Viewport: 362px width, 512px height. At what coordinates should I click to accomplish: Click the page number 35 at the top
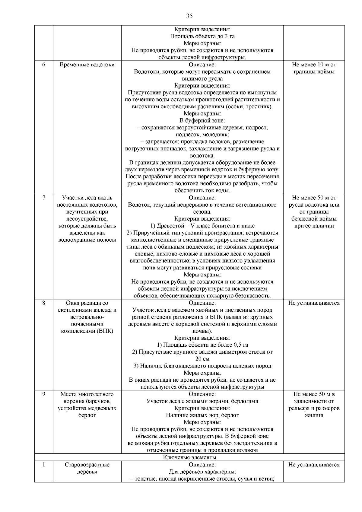click(x=189, y=16)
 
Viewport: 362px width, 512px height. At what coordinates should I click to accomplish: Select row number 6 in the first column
click(x=44, y=65)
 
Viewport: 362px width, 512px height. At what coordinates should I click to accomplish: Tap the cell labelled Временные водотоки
click(x=87, y=65)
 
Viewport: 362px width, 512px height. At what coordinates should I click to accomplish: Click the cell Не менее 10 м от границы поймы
click(x=314, y=68)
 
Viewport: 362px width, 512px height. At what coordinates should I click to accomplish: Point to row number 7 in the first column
click(x=44, y=198)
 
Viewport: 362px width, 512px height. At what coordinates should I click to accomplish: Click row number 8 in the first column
click(x=44, y=303)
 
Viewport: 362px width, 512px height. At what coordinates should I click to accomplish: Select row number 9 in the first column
click(x=44, y=394)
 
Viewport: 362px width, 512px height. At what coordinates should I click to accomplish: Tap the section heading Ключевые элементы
click(x=189, y=457)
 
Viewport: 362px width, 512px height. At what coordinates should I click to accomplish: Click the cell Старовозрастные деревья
click(x=87, y=468)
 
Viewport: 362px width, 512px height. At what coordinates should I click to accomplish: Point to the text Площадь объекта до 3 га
click(x=202, y=37)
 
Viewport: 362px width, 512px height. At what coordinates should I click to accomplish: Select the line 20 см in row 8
click(x=202, y=359)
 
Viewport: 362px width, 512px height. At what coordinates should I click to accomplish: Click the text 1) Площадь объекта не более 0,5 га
click(x=202, y=345)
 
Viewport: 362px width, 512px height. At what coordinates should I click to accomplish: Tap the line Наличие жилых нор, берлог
click(x=202, y=415)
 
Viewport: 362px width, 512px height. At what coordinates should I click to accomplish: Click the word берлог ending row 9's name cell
click(x=87, y=415)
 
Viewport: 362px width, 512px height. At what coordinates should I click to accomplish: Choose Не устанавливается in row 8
click(x=314, y=303)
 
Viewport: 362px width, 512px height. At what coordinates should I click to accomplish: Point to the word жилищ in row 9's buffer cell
click(x=314, y=415)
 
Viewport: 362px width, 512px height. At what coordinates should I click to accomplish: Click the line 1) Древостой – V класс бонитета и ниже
click(x=202, y=226)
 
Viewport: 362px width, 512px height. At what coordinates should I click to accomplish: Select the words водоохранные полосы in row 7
click(x=87, y=240)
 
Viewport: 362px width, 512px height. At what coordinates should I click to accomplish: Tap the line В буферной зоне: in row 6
click(x=202, y=121)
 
